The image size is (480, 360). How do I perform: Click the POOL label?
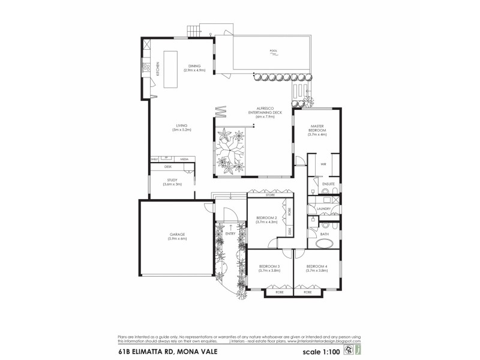274,50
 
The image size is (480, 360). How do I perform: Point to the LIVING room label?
181,127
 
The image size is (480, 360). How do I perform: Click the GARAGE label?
178,238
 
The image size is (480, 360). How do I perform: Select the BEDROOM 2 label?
266,220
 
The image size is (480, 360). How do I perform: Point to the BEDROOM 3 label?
269,268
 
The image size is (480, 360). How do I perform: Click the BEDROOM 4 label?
316,268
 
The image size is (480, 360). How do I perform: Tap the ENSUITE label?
328,184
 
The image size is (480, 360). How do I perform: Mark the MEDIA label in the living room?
184,159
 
